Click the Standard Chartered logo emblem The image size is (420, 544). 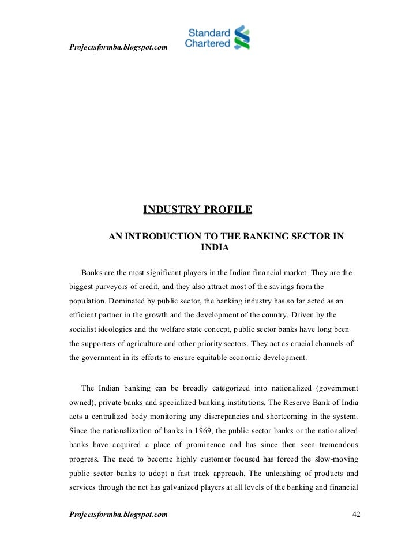pos(241,37)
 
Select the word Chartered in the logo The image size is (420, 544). pos(208,43)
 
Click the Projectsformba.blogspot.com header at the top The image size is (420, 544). pos(118,46)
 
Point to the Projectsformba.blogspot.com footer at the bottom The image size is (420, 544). pos(118,513)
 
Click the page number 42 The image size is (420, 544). pos(356,513)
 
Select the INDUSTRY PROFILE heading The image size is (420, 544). pos(197,209)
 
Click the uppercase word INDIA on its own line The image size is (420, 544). pos(215,248)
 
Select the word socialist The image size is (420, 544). pos(84,329)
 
